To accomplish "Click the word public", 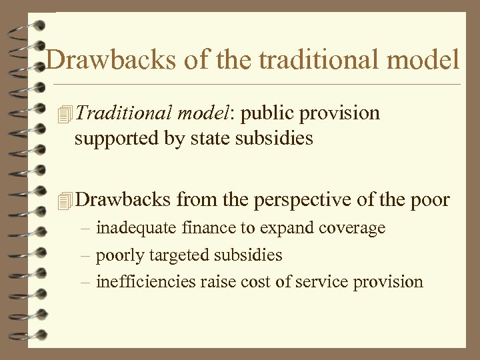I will (x=268, y=114).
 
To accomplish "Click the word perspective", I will (x=297, y=199).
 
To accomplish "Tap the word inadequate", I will (x=137, y=228).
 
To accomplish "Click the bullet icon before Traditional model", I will (x=65, y=114).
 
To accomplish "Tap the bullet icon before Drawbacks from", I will (x=65, y=199).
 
